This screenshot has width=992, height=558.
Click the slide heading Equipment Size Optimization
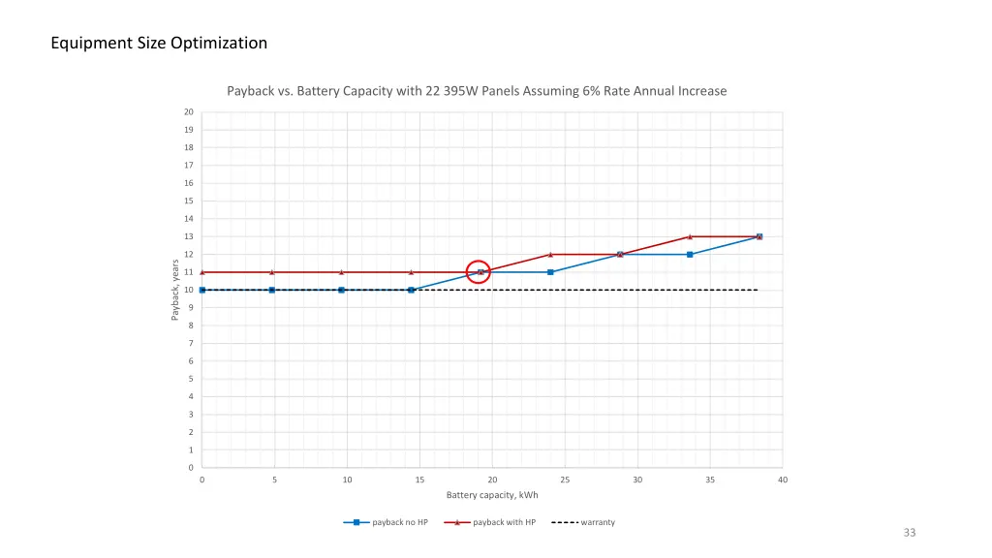tap(159, 43)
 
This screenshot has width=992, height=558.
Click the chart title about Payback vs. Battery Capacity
tap(477, 91)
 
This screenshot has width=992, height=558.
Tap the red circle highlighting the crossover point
tap(478, 272)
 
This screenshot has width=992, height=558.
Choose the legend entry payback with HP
tap(489, 522)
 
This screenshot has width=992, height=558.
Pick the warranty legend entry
tap(583, 522)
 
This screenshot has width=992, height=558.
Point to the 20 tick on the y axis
tap(189, 112)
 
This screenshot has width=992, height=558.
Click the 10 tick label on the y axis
tap(189, 290)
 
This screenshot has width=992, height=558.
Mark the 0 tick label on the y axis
tap(190, 468)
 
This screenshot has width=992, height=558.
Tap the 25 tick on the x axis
tap(565, 480)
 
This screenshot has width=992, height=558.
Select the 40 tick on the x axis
tap(783, 480)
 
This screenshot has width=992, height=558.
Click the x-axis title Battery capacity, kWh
tap(492, 495)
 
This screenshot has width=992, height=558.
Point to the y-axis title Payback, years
tap(175, 290)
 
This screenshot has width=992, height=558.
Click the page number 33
tap(909, 532)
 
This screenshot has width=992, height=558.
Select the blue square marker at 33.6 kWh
tap(690, 255)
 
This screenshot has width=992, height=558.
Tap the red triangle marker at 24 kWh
tap(550, 255)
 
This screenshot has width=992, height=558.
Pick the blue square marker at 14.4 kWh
tap(411, 290)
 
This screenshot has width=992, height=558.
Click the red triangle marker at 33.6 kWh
tap(690, 236)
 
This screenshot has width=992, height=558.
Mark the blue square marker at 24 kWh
tap(550, 272)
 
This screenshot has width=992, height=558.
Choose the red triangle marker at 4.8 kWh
tap(271, 272)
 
